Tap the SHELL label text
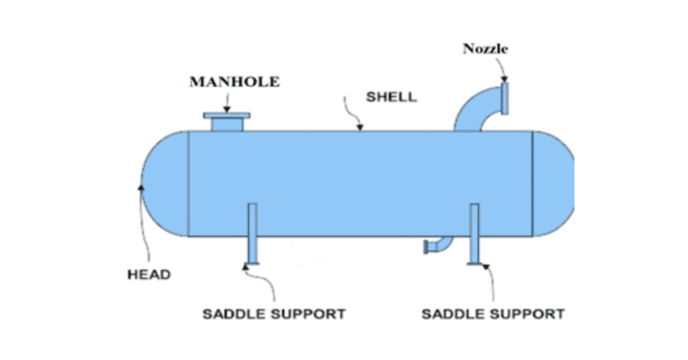(391, 97)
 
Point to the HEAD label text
(149, 274)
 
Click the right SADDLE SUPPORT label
(492, 314)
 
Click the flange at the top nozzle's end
(505, 97)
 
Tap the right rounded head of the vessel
(552, 183)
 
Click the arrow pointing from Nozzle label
(503, 68)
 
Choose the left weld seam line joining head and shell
(189, 183)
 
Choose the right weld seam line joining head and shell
(532, 183)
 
